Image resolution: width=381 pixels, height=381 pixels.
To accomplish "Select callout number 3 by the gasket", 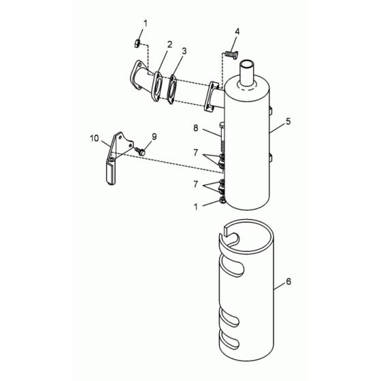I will pos(184,51).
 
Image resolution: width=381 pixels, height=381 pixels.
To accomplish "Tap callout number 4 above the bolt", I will pos(237,32).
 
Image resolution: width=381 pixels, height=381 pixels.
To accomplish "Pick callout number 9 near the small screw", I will pos(154,136).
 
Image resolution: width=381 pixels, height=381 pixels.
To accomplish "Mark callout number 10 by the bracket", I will pos(94,138).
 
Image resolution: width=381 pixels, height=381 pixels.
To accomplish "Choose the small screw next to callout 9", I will pos(142,152).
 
